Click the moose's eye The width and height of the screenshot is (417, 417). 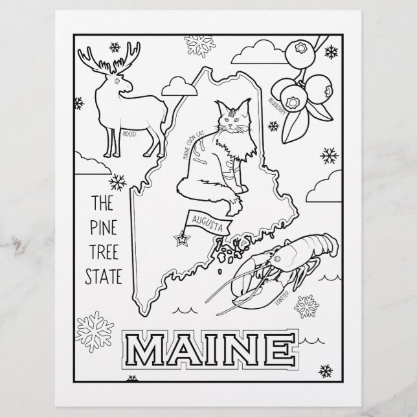(117, 82)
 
